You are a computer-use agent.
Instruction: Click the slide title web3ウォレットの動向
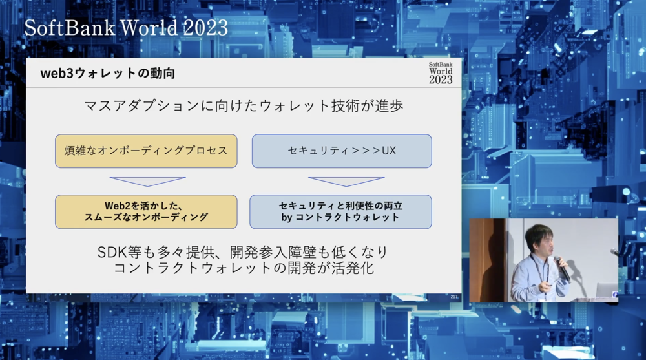[107, 74]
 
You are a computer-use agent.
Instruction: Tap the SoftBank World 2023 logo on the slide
[441, 74]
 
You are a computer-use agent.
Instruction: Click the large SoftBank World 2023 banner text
[126, 28]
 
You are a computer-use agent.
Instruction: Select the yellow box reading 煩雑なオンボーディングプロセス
[146, 151]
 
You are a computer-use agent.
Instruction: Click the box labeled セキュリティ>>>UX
[342, 151]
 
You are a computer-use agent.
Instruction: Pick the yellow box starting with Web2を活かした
[146, 211]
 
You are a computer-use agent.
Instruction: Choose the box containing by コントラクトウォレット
[340, 211]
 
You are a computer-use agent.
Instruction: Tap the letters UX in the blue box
[389, 151]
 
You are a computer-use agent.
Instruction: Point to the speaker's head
[539, 240]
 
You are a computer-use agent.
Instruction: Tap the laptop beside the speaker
[607, 290]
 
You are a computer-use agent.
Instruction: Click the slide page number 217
[454, 297]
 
